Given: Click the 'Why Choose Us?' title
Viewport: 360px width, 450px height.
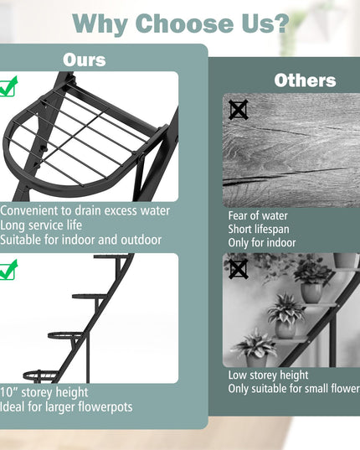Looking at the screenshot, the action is tap(181, 23).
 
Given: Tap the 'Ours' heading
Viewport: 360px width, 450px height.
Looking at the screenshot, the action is tap(85, 60).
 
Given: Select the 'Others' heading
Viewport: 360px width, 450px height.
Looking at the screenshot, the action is tap(305, 80).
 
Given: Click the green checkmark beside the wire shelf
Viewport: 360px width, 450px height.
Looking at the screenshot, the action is tap(8, 86).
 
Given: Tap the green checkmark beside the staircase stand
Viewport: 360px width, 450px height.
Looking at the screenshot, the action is tap(8, 270).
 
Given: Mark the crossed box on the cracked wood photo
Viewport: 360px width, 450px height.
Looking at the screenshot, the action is tap(239, 110).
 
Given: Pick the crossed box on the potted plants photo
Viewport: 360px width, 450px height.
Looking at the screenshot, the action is tap(239, 269).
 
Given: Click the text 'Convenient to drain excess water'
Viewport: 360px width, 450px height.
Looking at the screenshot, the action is tap(85, 211).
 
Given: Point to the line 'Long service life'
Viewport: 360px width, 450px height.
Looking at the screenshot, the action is tap(41, 225).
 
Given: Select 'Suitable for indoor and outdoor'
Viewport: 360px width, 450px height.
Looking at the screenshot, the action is tap(81, 240).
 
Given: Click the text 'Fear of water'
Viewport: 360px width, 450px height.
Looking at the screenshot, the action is tap(258, 216).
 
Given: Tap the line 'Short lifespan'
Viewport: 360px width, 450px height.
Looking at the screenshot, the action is tap(259, 230).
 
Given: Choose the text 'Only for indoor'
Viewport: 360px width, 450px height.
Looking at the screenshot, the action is tap(262, 243).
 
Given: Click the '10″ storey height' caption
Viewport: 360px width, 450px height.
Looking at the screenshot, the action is tap(44, 393).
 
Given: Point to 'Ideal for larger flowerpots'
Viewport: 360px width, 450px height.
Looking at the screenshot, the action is tap(66, 407).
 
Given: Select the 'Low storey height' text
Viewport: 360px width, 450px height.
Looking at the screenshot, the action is tap(268, 375).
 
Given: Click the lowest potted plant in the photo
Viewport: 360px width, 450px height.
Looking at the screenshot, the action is tap(255, 349).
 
